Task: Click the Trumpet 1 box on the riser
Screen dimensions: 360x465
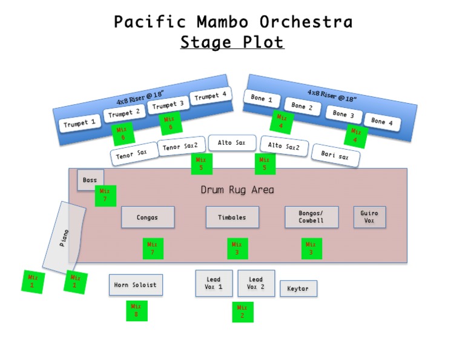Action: click(80, 124)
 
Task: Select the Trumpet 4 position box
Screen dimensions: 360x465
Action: click(211, 96)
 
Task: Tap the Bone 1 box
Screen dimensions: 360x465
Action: click(262, 99)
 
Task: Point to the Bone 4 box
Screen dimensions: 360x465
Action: click(382, 122)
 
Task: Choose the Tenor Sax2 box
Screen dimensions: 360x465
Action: click(181, 146)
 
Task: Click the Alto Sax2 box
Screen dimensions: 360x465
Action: click(284, 146)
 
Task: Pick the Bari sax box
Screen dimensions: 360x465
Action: click(335, 155)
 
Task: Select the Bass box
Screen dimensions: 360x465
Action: click(90, 180)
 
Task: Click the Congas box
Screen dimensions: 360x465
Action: click(147, 217)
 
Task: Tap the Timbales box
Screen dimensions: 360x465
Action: click(232, 217)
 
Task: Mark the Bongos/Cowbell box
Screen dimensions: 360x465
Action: click(311, 217)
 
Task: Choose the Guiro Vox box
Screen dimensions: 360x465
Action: click(369, 217)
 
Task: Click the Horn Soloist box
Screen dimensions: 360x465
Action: click(136, 285)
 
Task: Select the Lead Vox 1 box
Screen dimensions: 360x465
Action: click(214, 283)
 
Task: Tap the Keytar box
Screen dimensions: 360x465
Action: click(298, 288)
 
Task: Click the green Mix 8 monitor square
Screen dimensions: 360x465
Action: click(136, 311)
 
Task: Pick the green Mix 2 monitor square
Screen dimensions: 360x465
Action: click(242, 312)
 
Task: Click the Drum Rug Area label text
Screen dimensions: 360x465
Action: click(237, 190)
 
